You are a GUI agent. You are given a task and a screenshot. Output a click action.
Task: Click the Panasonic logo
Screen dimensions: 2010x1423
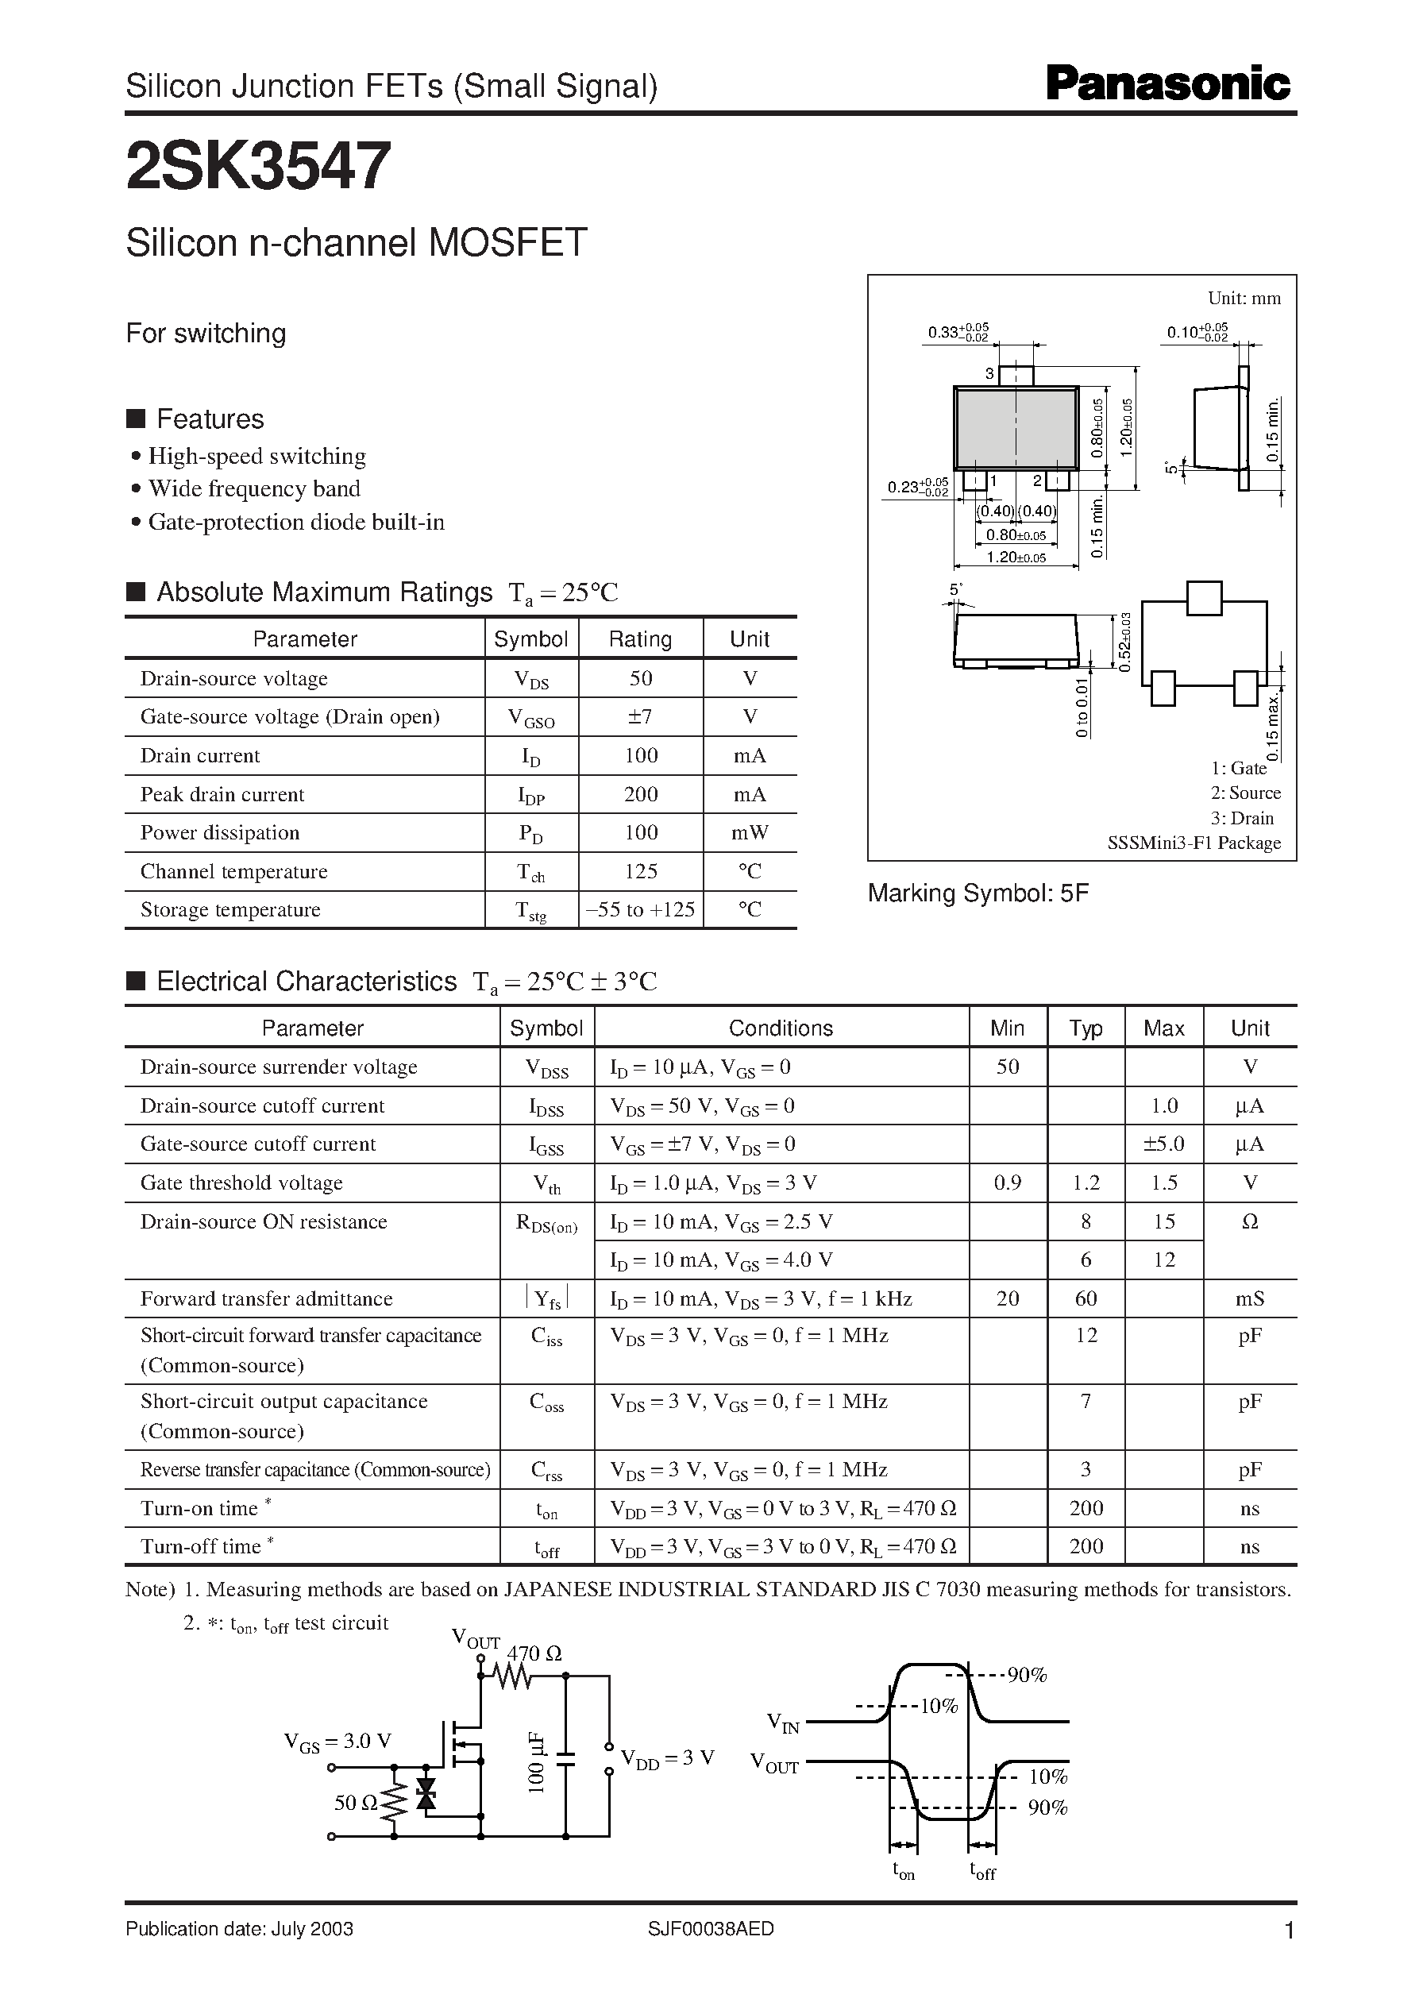pos(1168,85)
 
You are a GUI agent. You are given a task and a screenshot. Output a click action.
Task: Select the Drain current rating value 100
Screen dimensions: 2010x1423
pos(641,755)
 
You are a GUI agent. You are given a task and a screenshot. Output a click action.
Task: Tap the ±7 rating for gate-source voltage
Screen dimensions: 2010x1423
pos(641,717)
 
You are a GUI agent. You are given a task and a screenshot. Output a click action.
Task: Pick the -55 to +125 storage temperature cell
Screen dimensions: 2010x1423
pos(641,909)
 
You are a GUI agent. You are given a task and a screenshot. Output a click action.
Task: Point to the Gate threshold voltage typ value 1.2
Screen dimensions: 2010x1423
pos(1086,1182)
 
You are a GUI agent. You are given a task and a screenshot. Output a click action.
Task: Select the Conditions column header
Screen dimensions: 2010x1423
pos(781,1028)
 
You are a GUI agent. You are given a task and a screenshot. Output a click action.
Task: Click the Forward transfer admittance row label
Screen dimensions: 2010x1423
pos(266,1298)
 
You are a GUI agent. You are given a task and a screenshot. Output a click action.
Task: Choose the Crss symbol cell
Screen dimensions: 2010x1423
pos(547,1471)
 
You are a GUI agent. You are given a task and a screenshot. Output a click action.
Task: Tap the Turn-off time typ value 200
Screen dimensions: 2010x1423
pos(1086,1546)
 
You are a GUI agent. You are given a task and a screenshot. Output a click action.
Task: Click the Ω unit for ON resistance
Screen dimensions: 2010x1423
pos(1250,1221)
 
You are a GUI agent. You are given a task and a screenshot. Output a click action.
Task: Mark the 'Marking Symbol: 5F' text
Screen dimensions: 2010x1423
pos(978,893)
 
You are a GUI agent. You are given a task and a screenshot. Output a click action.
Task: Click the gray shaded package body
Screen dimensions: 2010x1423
pos(1016,430)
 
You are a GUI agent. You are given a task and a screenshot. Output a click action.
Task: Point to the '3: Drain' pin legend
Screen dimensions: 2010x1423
pos(1242,817)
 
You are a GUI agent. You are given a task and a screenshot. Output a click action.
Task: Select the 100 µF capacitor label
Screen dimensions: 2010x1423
pos(536,1763)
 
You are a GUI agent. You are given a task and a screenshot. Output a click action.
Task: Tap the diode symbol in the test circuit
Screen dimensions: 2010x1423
pos(426,1792)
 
